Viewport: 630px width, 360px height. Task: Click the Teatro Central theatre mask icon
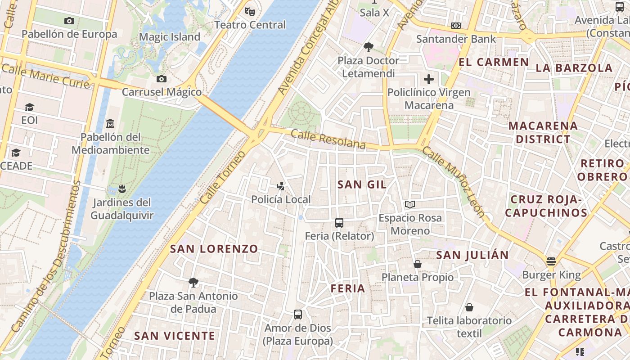(x=249, y=11)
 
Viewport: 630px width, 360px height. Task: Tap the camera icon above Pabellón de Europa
(x=69, y=21)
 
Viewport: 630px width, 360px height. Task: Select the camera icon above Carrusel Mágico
(x=162, y=79)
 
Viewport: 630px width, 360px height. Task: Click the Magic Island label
(x=170, y=37)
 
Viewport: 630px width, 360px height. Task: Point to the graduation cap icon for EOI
(x=29, y=107)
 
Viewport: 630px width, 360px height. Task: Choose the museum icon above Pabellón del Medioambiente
(x=110, y=123)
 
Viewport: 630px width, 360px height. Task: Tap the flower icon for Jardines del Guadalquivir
(x=121, y=189)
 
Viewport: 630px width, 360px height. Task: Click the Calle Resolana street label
(x=328, y=139)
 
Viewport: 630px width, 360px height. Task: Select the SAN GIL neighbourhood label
(x=362, y=184)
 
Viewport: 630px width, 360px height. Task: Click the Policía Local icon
(x=281, y=185)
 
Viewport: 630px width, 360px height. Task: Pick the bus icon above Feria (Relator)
(x=339, y=222)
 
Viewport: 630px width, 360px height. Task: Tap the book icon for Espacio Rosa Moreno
(x=409, y=204)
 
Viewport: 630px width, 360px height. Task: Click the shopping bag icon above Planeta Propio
(x=418, y=264)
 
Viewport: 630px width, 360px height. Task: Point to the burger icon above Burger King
(x=551, y=261)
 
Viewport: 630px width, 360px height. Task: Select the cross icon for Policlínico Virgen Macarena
(x=429, y=79)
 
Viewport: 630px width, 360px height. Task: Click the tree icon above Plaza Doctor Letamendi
(x=369, y=47)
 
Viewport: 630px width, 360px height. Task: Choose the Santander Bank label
(x=456, y=39)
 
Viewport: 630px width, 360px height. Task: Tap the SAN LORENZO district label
(x=214, y=248)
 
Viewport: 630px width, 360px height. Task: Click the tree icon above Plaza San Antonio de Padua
(x=193, y=282)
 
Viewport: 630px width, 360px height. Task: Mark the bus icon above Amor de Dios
(x=297, y=315)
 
